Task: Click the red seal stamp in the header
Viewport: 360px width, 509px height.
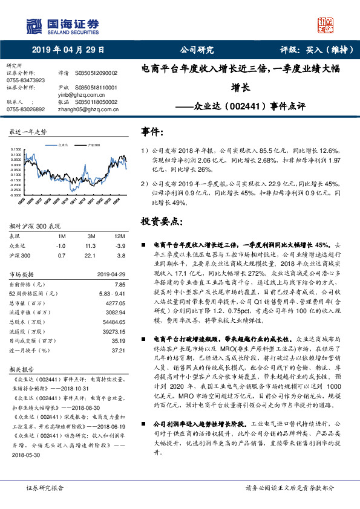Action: pos(326,25)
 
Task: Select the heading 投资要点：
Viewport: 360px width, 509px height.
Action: pos(159,221)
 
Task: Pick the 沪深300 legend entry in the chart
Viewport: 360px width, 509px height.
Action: pos(93,144)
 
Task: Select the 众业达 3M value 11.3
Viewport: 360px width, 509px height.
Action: pos(91,247)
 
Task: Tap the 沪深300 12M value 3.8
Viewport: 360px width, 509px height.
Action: pos(120,256)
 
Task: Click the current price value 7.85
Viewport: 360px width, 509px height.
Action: pos(119,284)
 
